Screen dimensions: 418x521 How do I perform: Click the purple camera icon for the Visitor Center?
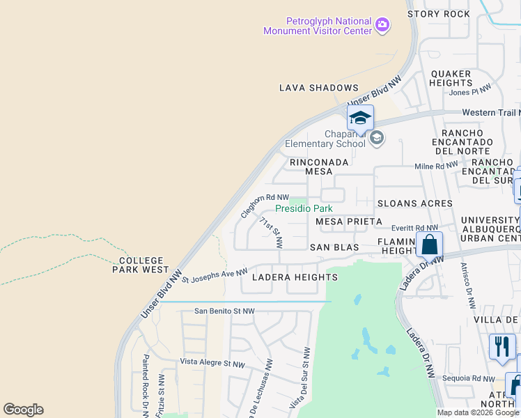[382, 26]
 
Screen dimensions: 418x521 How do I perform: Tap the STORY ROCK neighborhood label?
[438, 14]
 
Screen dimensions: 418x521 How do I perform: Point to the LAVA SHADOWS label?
[318, 88]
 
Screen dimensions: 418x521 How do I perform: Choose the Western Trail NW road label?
[491, 113]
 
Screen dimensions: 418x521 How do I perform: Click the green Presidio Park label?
[304, 208]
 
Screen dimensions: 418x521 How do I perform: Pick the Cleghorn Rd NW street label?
[265, 205]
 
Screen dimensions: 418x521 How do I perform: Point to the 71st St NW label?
[271, 233]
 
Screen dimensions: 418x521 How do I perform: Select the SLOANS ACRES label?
[414, 203]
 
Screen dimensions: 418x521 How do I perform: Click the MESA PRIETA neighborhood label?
[349, 222]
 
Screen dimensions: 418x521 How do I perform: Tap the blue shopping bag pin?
[430, 245]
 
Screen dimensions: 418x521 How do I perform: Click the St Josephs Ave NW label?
[215, 276]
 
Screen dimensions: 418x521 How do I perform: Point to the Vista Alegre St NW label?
[212, 364]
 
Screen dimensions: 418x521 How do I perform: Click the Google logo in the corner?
[23, 410]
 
